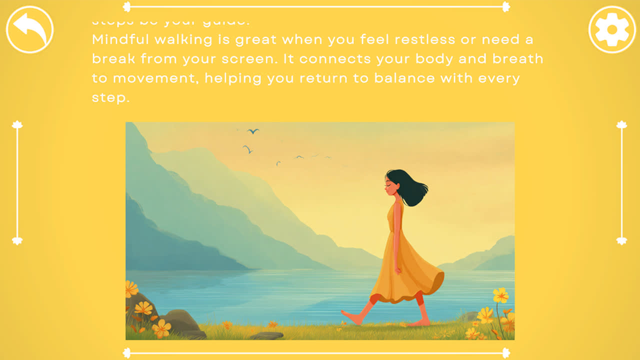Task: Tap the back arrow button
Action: [x=29, y=29]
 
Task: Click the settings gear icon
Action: [x=612, y=29]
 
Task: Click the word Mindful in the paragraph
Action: [x=117, y=39]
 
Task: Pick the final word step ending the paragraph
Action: [x=110, y=97]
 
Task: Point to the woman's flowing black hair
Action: [x=412, y=188]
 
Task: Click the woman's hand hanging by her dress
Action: [x=398, y=270]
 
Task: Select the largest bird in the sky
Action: [x=253, y=131]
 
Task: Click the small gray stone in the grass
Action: [x=266, y=335]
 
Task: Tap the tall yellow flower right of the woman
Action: [x=500, y=296]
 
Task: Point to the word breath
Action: [x=517, y=59]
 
